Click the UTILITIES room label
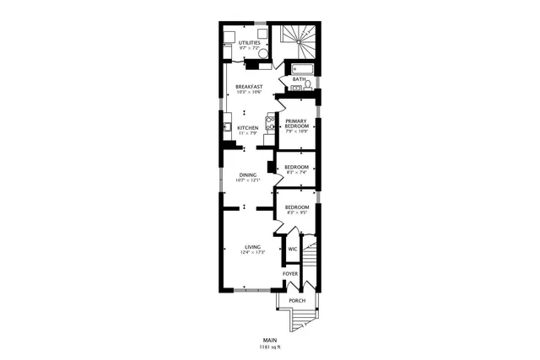pos(249,42)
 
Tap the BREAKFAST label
pos(249,86)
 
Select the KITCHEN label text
pos(247,128)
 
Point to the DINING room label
pos(247,175)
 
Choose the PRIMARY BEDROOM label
pos(296,123)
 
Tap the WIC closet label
pos(293,249)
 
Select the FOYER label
pos(290,274)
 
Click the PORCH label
pos(296,301)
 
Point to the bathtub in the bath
pos(301,68)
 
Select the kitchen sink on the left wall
pos(228,128)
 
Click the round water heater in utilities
pos(263,56)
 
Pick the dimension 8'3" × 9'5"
pos(296,213)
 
